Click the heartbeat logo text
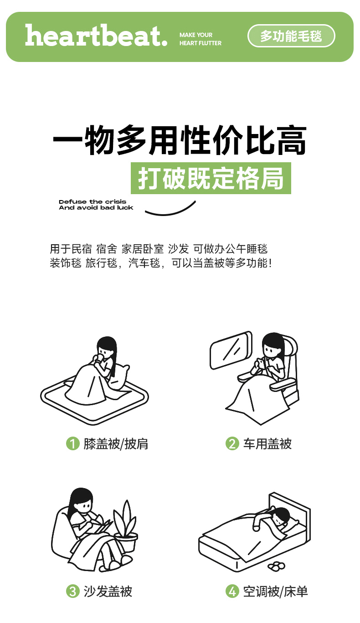click(x=96, y=36)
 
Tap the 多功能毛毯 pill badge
click(x=291, y=36)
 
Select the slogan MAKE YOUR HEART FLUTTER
click(x=201, y=39)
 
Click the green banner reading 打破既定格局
click(x=211, y=178)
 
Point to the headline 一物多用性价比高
click(x=180, y=140)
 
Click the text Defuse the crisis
click(x=93, y=201)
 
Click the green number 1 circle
click(x=73, y=443)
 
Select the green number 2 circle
click(x=232, y=443)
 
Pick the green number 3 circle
click(x=73, y=591)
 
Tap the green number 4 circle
click(x=232, y=591)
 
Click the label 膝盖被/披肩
click(x=116, y=444)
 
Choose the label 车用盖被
click(x=267, y=444)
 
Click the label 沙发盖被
click(x=108, y=591)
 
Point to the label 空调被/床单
click(x=276, y=591)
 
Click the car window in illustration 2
click(x=231, y=350)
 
